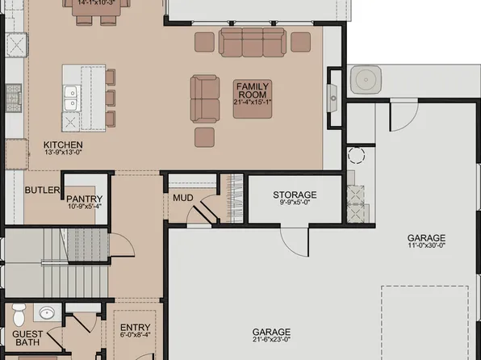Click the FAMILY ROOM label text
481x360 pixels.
click(252, 90)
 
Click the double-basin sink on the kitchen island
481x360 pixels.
click(71, 98)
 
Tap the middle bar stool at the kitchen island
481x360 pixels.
click(110, 98)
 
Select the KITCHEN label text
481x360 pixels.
click(63, 145)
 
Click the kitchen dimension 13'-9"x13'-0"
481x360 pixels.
click(63, 153)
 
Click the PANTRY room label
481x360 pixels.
click(84, 198)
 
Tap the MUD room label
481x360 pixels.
click(182, 196)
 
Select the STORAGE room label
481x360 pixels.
click(295, 195)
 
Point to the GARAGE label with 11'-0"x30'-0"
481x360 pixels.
click(427, 238)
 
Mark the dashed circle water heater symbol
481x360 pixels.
click(356, 155)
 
